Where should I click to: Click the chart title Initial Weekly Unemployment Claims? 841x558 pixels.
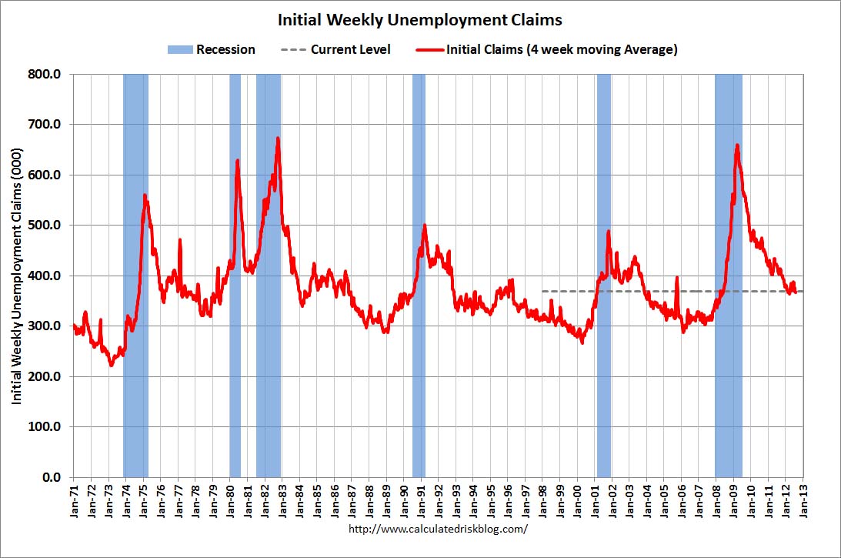tap(419, 18)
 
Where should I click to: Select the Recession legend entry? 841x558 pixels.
tap(211, 50)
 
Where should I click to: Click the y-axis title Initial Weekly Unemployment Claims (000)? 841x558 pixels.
tap(17, 276)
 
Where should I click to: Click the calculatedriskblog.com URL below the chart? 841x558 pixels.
tap(439, 530)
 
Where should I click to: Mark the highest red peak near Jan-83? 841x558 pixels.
tap(278, 139)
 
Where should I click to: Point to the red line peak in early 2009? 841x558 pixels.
tap(737, 145)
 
